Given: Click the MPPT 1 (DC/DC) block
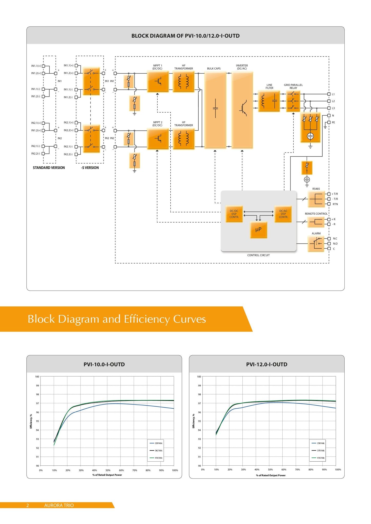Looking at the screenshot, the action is [158, 82].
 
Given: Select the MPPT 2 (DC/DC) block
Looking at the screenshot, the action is [158, 139].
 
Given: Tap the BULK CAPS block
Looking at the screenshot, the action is [215, 110].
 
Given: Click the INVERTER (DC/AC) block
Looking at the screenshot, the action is [242, 110].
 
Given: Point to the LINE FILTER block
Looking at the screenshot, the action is [269, 101].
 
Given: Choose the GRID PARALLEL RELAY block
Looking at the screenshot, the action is [293, 101].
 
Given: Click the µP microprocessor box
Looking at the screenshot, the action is [259, 230].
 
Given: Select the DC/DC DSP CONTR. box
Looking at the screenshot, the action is [234, 214].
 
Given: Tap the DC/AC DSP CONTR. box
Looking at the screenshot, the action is [283, 214].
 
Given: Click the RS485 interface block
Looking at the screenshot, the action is [316, 199].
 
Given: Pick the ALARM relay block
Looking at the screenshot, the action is [316, 244].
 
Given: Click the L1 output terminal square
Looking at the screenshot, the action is [329, 94].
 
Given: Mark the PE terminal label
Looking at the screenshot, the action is [333, 123].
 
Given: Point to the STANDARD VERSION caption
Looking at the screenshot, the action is [49, 168].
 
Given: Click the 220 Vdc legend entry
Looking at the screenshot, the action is [156, 443].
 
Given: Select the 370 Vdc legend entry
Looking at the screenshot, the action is [318, 451].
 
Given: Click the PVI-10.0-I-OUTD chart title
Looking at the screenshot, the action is [104, 364].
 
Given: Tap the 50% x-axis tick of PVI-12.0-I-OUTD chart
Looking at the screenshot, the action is [270, 470].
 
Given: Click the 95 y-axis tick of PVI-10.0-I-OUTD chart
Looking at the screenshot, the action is [37, 421].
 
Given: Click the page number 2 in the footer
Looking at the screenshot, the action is [28, 505].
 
